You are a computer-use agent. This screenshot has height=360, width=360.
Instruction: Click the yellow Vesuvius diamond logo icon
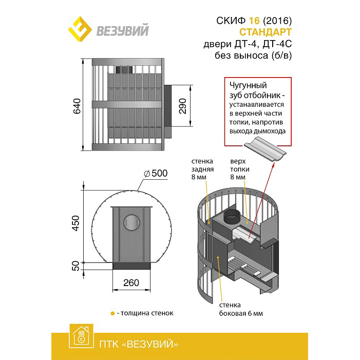click(x=80, y=29)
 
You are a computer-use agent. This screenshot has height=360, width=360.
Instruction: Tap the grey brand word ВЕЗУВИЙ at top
click(x=123, y=30)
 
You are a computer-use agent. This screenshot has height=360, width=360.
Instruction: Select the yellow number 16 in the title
click(x=254, y=21)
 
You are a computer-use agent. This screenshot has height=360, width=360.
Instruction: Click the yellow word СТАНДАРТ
click(x=266, y=32)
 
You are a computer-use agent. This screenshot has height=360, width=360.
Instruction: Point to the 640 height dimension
click(x=77, y=106)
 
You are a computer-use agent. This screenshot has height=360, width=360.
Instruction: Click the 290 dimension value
click(x=183, y=106)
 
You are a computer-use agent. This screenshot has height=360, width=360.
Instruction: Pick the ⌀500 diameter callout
click(x=156, y=174)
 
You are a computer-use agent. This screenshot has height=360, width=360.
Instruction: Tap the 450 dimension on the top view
click(x=75, y=223)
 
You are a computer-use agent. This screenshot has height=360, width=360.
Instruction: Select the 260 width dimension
click(x=131, y=282)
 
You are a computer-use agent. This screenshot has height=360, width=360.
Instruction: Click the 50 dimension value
click(x=75, y=266)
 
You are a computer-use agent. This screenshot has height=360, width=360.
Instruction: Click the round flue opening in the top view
click(x=131, y=222)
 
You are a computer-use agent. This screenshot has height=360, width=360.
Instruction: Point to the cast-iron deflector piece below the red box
click(x=265, y=148)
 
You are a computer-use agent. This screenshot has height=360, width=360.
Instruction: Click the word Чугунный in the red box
click(x=248, y=85)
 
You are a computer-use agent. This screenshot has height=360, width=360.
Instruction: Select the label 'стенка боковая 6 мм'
click(x=241, y=309)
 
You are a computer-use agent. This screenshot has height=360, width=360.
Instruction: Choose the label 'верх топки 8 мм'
click(x=240, y=169)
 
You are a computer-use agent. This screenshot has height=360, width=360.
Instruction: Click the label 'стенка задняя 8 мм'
click(x=202, y=169)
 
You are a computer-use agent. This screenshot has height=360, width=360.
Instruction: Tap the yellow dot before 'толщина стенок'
click(x=112, y=313)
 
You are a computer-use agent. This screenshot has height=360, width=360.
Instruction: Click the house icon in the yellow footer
click(x=81, y=336)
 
